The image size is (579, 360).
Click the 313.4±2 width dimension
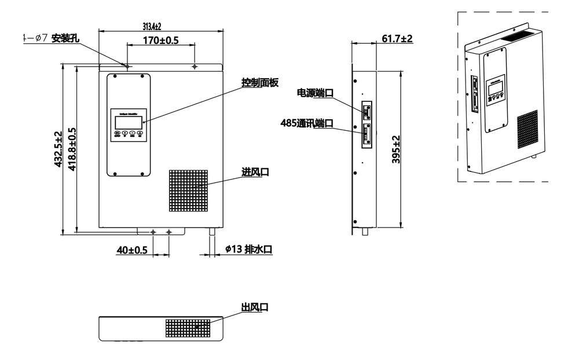[152, 27]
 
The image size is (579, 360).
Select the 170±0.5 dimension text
[153, 41]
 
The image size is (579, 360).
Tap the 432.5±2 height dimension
[58, 149]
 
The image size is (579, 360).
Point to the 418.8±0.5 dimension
[72, 149]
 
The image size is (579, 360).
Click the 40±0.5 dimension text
[132, 250]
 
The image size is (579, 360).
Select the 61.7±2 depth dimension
[397, 39]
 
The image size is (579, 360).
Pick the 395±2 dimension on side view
[396, 150]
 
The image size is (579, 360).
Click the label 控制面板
[260, 83]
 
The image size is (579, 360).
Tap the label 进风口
[255, 172]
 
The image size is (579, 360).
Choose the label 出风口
[255, 307]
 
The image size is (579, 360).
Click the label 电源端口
[315, 93]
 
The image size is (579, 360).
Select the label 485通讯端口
[307, 123]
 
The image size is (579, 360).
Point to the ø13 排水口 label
[248, 250]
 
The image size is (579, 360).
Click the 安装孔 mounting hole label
[65, 39]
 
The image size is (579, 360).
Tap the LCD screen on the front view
[129, 122]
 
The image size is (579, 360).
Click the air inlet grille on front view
[188, 190]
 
